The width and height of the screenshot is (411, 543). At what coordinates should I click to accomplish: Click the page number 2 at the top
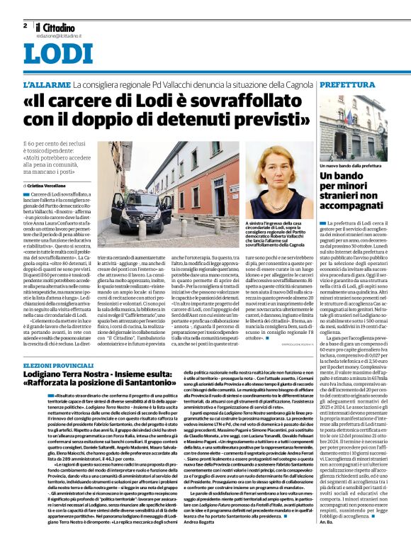point(25,25)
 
